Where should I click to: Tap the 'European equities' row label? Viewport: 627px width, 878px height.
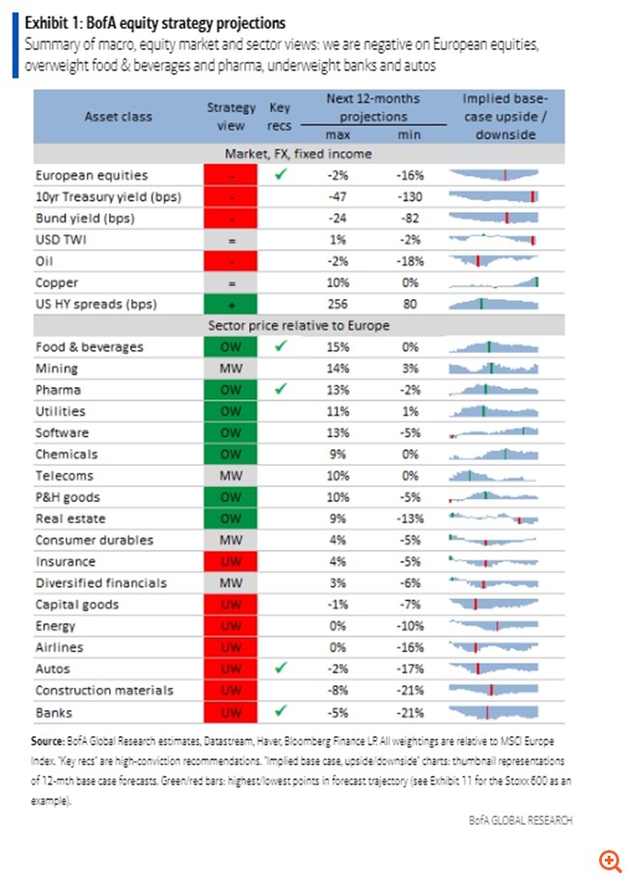pos(92,176)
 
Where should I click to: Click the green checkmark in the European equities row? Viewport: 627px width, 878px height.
pos(281,175)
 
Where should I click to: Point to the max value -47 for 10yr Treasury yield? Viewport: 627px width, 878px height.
pos(337,197)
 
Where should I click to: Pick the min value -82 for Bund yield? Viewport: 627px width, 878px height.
pos(409,218)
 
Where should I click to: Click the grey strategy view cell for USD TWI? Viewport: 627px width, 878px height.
pos(231,240)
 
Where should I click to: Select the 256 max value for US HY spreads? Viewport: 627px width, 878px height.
pos(337,304)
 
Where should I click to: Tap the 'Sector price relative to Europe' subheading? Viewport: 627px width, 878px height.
pos(299,325)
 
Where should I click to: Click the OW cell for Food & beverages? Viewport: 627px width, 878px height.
pos(231,347)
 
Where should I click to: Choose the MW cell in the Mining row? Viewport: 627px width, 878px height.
pos(231,369)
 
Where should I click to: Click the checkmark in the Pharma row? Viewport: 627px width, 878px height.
pos(281,390)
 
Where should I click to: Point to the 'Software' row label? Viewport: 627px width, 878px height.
pos(63,433)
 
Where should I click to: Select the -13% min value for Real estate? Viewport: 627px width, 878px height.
pos(409,518)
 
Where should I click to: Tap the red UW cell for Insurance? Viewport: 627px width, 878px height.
pos(231,562)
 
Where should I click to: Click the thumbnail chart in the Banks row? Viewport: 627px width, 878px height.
pos(493,712)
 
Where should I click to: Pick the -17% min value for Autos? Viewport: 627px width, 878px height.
pos(409,669)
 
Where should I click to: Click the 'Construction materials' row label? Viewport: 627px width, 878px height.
pos(104,690)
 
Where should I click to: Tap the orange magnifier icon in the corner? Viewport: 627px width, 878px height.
pos(608,859)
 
